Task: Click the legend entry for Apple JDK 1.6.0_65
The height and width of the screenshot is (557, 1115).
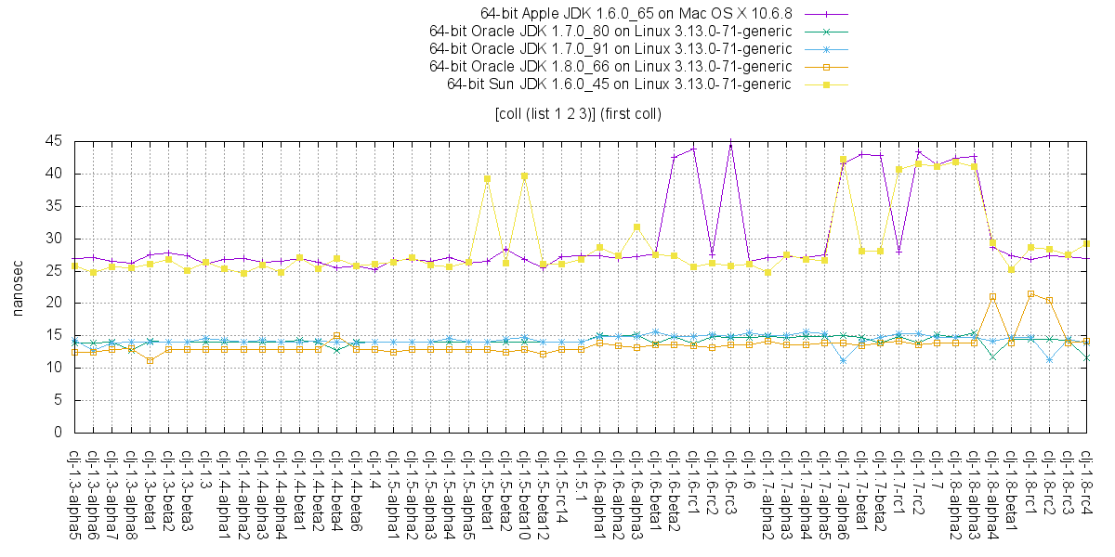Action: click(641, 13)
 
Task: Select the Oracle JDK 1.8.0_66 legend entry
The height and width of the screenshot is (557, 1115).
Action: click(610, 66)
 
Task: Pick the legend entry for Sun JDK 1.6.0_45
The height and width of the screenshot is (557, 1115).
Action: click(619, 84)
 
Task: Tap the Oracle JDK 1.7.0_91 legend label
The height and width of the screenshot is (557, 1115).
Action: click(610, 48)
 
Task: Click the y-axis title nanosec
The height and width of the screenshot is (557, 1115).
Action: click(18, 287)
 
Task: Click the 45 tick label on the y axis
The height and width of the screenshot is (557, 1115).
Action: click(54, 141)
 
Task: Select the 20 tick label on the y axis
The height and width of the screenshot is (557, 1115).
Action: click(54, 303)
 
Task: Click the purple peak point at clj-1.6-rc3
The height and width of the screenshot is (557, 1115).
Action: click(730, 142)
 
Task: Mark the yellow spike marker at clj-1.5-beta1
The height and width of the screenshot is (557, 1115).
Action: click(487, 178)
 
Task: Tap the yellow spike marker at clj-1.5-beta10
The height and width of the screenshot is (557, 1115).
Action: click(524, 175)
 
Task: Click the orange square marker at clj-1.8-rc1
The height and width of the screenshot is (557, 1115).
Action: click(1030, 293)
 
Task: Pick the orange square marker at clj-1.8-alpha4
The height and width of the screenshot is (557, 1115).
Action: click(992, 297)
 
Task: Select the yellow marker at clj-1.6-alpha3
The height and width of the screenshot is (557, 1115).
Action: click(636, 227)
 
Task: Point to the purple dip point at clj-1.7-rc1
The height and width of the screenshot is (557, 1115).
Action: click(899, 252)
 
